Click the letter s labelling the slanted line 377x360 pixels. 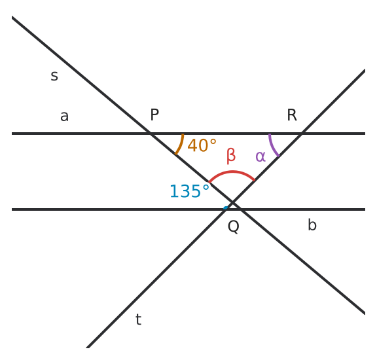pyautogui.click(x=54, y=76)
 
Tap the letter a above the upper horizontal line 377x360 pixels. pyautogui.click(x=64, y=116)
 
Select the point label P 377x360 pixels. pyautogui.click(x=154, y=115)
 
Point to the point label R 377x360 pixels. pyautogui.click(x=292, y=115)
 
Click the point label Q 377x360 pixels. pyautogui.click(x=234, y=226)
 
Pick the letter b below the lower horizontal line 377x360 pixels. pyautogui.click(x=312, y=225)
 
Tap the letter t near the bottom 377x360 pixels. pyautogui.click(x=138, y=319)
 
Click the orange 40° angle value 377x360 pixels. pyautogui.click(x=202, y=145)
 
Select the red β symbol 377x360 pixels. pyautogui.click(x=231, y=156)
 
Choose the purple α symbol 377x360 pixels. pyautogui.click(x=260, y=156)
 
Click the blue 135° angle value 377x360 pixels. pyautogui.click(x=189, y=191)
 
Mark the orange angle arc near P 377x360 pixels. pyautogui.click(x=181, y=145)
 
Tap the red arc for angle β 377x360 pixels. pyautogui.click(x=232, y=171)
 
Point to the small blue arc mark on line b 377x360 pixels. pyautogui.click(x=226, y=207)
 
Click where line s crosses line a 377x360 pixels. pyautogui.click(x=151, y=134)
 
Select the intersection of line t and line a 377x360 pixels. pyautogui.click(x=302, y=134)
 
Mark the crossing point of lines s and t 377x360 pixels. pyautogui.click(x=233, y=202)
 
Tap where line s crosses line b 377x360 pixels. pyautogui.click(x=241, y=209)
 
